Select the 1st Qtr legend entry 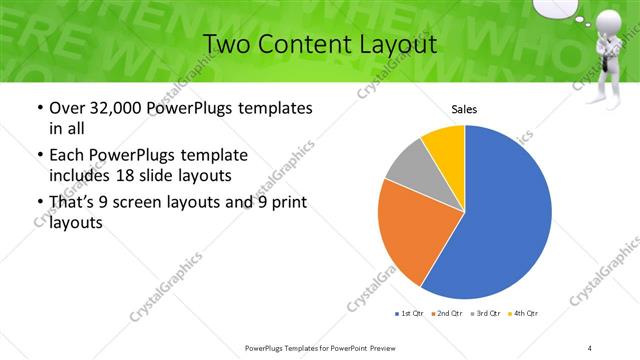pos(409,314)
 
